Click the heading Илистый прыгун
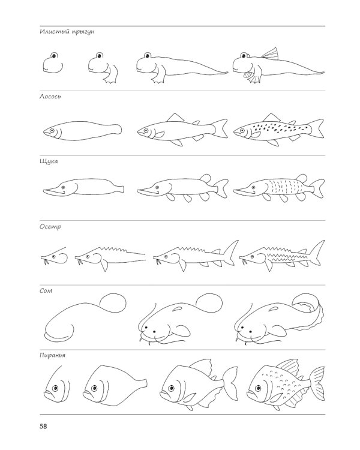(67, 32)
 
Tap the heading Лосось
(50, 97)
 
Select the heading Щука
(49, 161)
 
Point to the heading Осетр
(50, 227)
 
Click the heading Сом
(46, 291)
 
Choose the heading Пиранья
(53, 356)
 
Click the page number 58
(43, 427)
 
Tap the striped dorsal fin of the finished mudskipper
(271, 54)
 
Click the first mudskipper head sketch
(53, 62)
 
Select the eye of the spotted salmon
(242, 131)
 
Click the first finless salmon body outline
(82, 131)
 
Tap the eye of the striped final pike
(253, 187)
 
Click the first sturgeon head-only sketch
(54, 256)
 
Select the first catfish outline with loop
(85, 317)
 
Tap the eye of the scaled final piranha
(258, 388)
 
